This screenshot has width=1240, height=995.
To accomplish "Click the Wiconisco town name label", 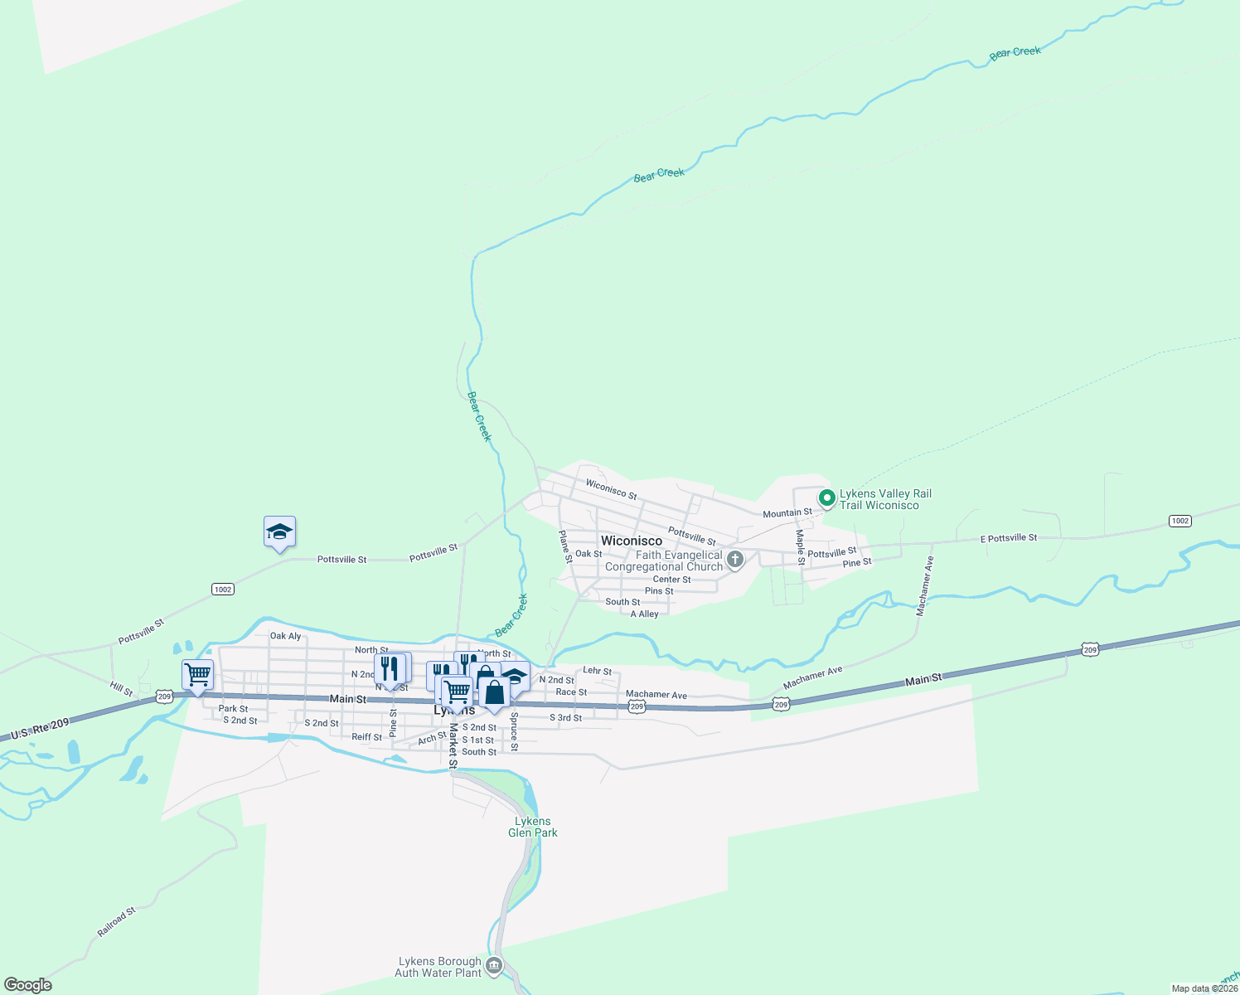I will (631, 541).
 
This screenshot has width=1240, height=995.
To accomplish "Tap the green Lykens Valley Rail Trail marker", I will (826, 498).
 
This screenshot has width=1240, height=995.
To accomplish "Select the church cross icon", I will (734, 561).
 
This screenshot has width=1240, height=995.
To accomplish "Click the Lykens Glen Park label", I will (532, 827).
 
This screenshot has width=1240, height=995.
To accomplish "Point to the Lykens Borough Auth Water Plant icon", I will (494, 965).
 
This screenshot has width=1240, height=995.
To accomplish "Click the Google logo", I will (28, 985).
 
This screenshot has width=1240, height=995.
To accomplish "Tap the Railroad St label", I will (116, 922).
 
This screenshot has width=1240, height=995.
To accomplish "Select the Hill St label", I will (121, 688).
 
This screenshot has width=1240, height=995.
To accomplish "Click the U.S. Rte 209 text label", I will (41, 730).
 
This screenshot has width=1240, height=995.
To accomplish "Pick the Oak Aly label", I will (285, 636).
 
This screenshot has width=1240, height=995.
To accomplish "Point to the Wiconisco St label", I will (611, 489).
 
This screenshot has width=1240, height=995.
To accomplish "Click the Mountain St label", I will (787, 513).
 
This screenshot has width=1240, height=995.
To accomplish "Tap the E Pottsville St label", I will (1008, 538).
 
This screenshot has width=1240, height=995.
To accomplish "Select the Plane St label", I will (565, 547).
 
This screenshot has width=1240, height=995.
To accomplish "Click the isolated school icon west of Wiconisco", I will (279, 532).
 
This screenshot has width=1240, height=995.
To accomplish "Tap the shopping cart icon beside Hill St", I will (197, 674).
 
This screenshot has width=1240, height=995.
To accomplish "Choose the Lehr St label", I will (597, 671).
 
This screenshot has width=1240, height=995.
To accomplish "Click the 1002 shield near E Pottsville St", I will (1179, 521).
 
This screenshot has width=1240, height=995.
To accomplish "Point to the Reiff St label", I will (366, 736).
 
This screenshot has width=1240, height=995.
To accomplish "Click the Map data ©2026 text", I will (1204, 988).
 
